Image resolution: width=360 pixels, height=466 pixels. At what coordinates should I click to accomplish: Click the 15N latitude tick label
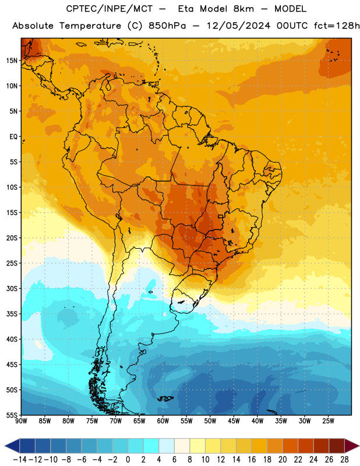click(x=12, y=61)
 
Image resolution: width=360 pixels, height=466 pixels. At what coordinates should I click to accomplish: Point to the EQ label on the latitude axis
click(x=13, y=137)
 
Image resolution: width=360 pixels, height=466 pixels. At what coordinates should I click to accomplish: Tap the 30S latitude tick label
click(x=12, y=288)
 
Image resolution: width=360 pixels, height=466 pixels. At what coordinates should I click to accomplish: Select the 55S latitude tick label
click(x=12, y=415)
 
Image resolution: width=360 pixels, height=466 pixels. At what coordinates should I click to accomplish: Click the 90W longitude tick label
click(x=21, y=421)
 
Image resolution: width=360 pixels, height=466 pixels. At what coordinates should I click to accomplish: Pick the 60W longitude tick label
click(x=163, y=421)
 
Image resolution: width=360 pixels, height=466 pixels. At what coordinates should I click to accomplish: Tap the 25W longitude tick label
click(x=328, y=421)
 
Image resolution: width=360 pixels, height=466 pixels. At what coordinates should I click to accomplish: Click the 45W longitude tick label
click(x=234, y=421)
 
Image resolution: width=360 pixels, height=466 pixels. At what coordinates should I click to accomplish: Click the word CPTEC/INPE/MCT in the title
click(x=109, y=9)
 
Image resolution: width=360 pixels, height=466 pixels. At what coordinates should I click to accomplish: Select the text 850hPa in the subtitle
click(x=167, y=26)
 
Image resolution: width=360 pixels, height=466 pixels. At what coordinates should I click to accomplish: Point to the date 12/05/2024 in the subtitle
click(x=238, y=26)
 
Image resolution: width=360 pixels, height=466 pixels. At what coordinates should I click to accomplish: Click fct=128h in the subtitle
click(x=337, y=26)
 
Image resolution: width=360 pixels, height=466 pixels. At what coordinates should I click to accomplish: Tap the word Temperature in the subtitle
click(x=90, y=26)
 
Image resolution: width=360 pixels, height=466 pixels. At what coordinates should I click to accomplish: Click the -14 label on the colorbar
click(x=20, y=460)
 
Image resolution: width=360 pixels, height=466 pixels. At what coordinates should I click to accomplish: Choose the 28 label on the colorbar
click(x=344, y=460)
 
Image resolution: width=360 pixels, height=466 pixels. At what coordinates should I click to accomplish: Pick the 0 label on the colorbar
click(x=128, y=460)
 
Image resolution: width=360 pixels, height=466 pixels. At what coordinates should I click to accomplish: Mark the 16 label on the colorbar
click(x=252, y=460)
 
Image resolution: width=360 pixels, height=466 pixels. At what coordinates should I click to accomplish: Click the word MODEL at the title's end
click(x=290, y=9)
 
